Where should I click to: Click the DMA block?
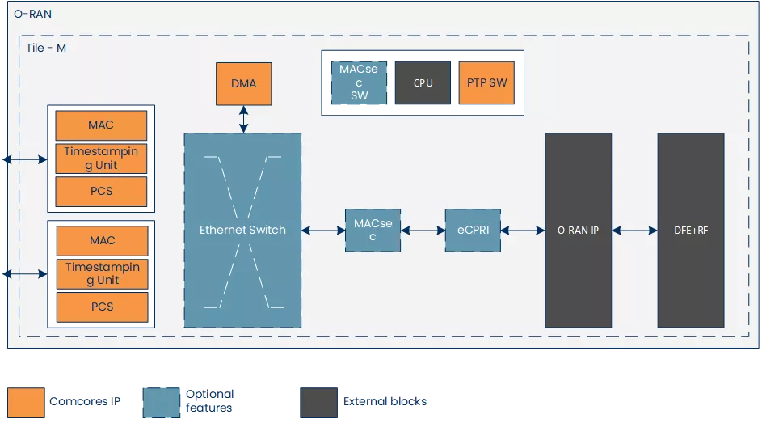point(243,83)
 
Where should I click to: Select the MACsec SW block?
point(359,82)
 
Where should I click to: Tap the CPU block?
point(423,82)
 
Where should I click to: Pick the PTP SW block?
point(486,82)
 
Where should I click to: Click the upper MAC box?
point(101,125)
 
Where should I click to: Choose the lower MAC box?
point(102,240)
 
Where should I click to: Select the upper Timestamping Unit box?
point(101,159)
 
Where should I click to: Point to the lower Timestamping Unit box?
point(102,273)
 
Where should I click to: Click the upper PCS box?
point(101,191)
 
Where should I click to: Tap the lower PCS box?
point(102,307)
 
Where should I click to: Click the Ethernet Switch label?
point(242,230)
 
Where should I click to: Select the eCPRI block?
point(473,231)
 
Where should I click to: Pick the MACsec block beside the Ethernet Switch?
point(373,231)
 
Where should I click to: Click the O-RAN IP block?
point(578,231)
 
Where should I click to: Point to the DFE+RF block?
point(691,231)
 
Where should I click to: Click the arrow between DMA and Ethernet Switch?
point(243,119)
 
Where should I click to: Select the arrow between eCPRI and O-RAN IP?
point(522,231)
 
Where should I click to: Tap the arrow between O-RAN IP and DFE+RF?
point(634,231)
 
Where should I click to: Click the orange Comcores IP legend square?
point(25,401)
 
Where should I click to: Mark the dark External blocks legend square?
point(318,401)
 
